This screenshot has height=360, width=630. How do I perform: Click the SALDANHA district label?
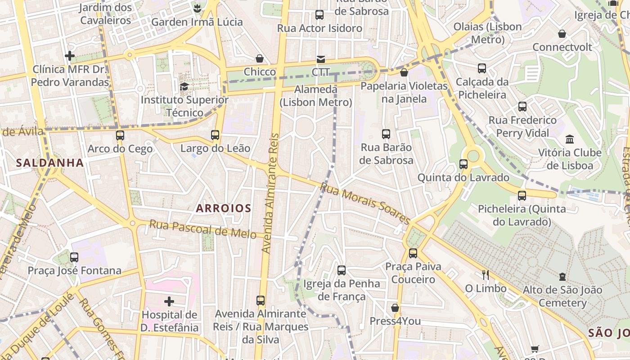pyautogui.click(x=50, y=163)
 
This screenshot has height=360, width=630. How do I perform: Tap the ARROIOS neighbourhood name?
pyautogui.click(x=224, y=208)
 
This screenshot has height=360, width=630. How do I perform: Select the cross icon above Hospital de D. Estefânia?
pyautogui.click(x=169, y=301)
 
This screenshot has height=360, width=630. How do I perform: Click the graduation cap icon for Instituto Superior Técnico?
pyautogui.click(x=184, y=86)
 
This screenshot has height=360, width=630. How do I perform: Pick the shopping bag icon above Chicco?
pyautogui.click(x=260, y=58)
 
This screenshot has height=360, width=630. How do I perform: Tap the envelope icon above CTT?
pyautogui.click(x=320, y=59)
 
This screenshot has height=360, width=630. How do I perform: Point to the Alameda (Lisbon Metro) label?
pyautogui.click(x=316, y=96)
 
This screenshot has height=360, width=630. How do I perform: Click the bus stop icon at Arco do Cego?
pyautogui.click(x=120, y=135)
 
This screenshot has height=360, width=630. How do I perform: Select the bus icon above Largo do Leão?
pyautogui.click(x=215, y=135)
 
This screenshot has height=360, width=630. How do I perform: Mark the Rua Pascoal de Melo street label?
pyautogui.click(x=203, y=228)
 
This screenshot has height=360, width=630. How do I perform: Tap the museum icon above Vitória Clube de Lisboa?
pyautogui.click(x=570, y=139)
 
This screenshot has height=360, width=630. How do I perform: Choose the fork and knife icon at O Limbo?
pyautogui.click(x=485, y=274)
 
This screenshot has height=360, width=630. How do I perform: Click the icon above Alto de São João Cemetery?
pyautogui.click(x=562, y=276)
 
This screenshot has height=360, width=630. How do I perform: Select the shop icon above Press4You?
pyautogui.click(x=395, y=308)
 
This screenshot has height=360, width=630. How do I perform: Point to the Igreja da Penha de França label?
pyautogui.click(x=342, y=290)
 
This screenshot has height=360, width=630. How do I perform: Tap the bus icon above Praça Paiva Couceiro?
pyautogui.click(x=413, y=253)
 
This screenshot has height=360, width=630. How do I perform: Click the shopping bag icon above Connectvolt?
pyautogui.click(x=562, y=34)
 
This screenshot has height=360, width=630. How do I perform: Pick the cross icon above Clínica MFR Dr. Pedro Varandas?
pyautogui.click(x=70, y=56)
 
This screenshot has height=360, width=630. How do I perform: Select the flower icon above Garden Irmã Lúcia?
pyautogui.click(x=197, y=8)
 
